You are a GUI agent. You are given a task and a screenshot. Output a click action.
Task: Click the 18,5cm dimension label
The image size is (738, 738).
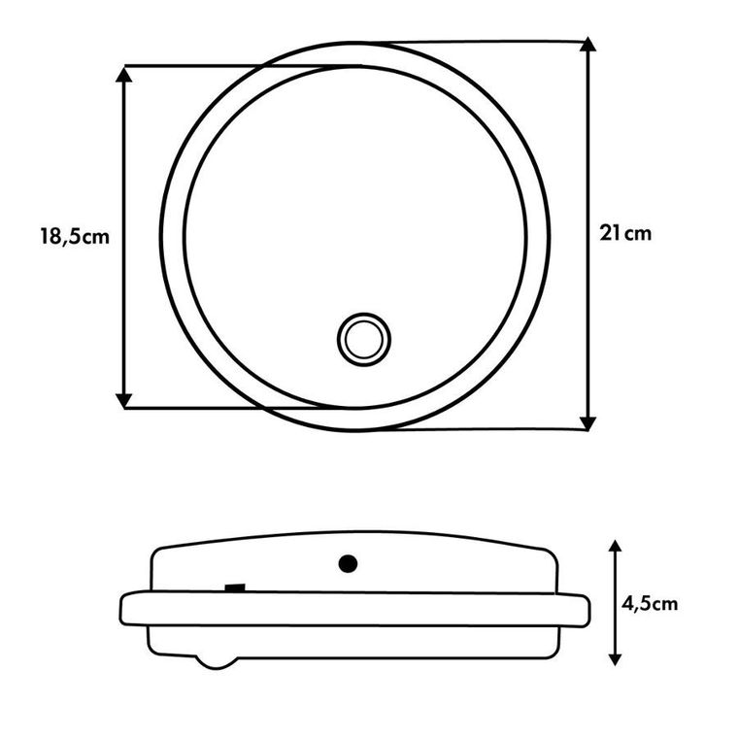[x=75, y=236]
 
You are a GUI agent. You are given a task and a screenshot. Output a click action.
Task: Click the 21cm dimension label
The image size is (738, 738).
[x=625, y=233]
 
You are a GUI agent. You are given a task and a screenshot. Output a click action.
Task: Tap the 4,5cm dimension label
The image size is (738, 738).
[x=650, y=604]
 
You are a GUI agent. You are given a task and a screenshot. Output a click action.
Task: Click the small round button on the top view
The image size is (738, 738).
[x=364, y=339]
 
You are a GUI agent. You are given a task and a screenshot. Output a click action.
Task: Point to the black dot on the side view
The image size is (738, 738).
[x=348, y=563]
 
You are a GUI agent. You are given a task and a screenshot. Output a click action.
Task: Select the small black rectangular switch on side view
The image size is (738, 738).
[x=235, y=587]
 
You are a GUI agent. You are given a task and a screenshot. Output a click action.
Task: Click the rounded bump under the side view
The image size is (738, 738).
[x=217, y=661]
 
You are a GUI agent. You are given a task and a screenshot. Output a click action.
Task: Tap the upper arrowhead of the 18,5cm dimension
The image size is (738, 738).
[x=123, y=75]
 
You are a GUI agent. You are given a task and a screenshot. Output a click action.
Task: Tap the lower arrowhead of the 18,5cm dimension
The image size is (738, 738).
[x=123, y=400]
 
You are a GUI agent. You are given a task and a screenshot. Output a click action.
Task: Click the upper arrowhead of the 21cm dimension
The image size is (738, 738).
[x=587, y=44]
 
